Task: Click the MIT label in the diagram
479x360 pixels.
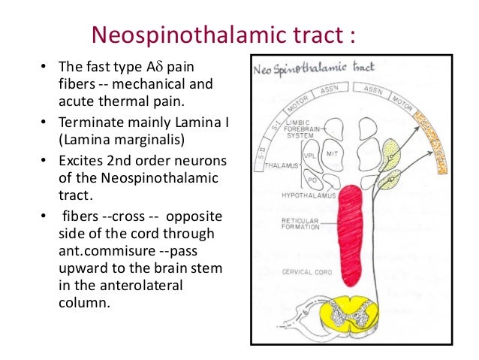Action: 333,154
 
